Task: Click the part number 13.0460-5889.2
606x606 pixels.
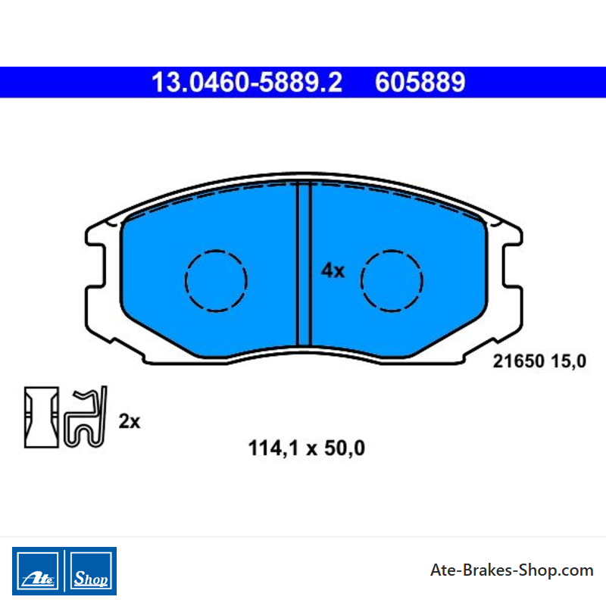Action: pyautogui.click(x=247, y=83)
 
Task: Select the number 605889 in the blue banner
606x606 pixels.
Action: pyautogui.click(x=420, y=83)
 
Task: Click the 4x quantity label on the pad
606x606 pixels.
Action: pyautogui.click(x=333, y=270)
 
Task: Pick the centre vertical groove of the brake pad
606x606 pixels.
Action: pyautogui.click(x=304, y=264)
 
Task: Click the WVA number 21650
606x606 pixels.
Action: pyautogui.click(x=519, y=361)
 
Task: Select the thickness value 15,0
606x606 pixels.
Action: pyautogui.click(x=569, y=361)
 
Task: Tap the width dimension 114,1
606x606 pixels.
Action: pyautogui.click(x=273, y=448)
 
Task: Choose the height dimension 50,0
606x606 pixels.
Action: pyautogui.click(x=345, y=448)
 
